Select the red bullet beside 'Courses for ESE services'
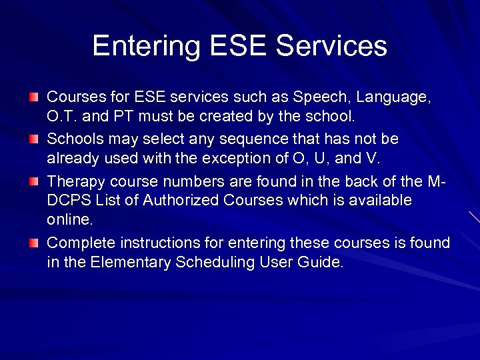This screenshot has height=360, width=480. tap(34, 97)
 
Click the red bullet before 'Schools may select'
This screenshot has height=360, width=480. tap(34, 139)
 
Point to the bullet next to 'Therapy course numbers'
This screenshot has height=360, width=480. tap(34, 181)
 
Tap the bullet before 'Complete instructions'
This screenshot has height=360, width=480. tap(34, 243)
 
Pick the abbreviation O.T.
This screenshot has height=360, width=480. tap(62, 117)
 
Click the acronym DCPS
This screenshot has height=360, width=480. tap(67, 201)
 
